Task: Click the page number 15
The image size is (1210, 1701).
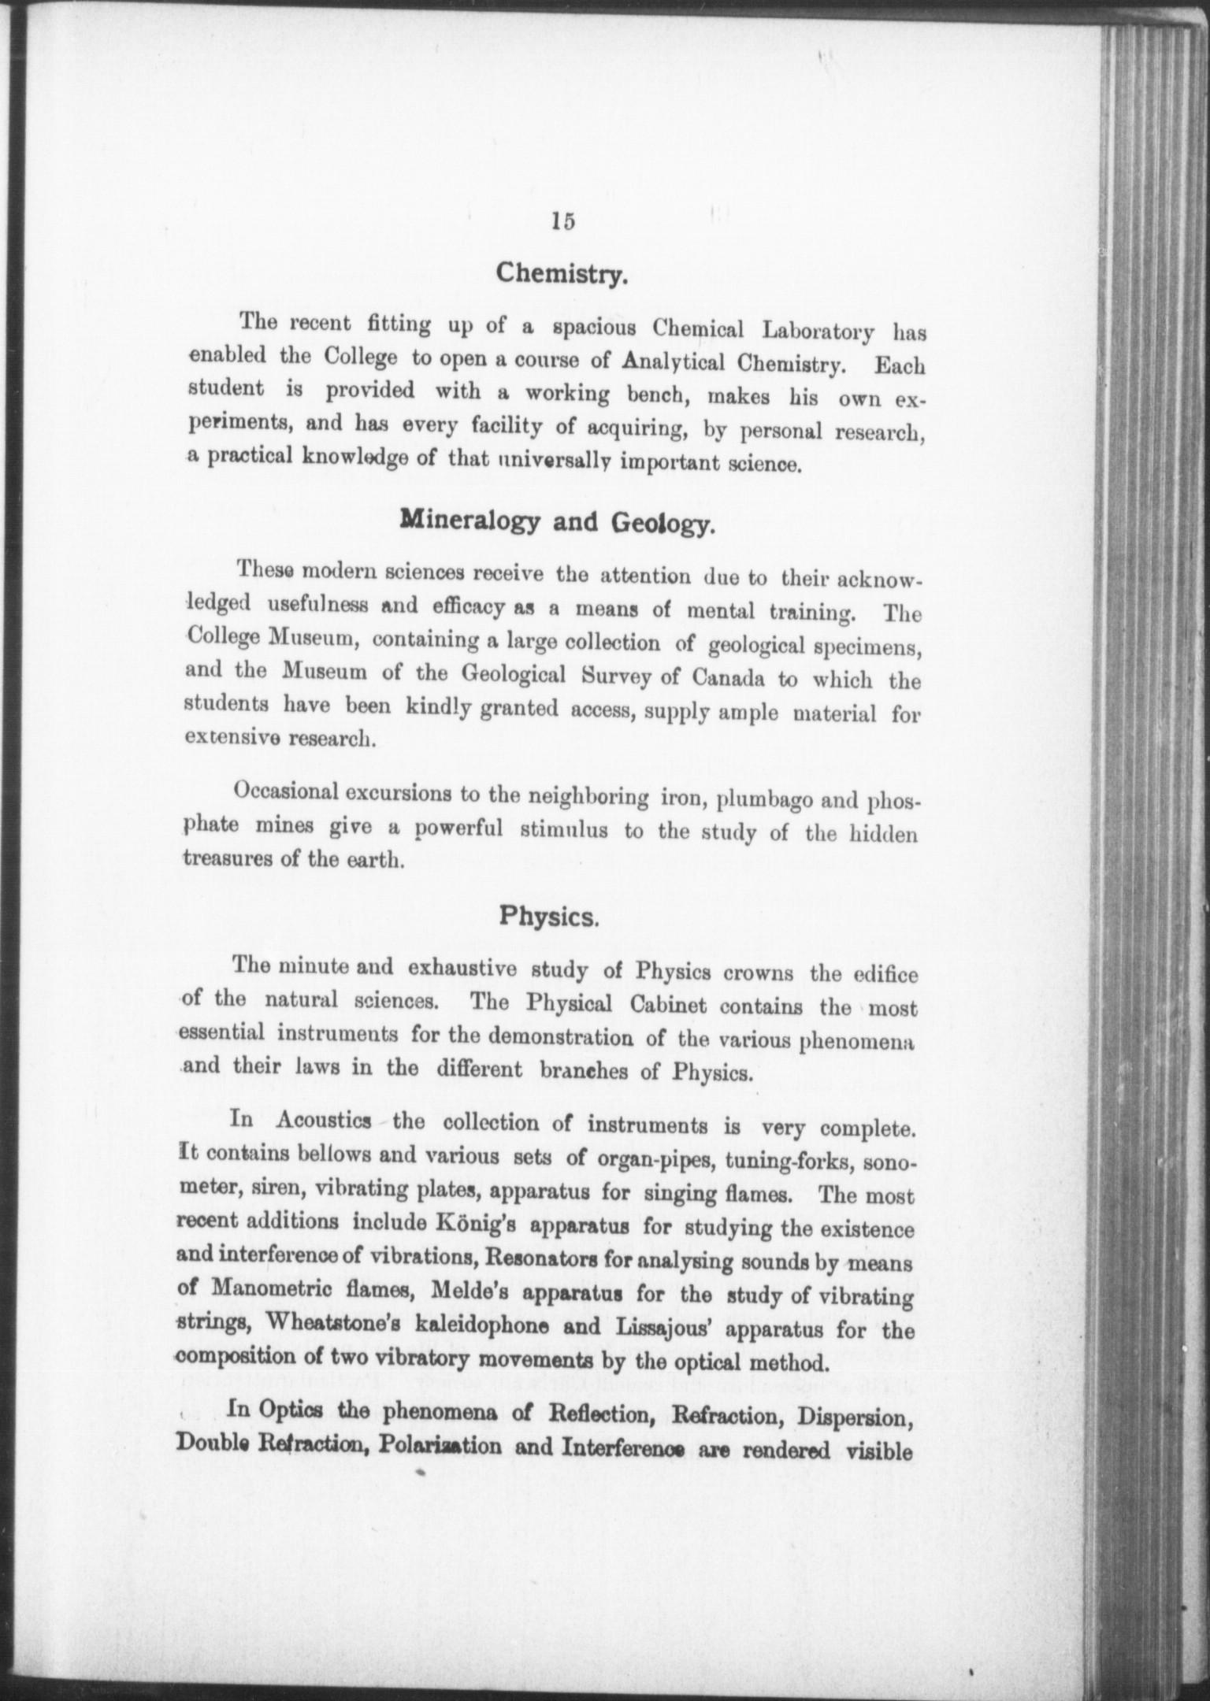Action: click(564, 221)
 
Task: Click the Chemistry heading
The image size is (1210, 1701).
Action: click(561, 275)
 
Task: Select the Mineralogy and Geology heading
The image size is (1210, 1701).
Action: click(558, 522)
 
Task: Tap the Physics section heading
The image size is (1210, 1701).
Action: click(551, 917)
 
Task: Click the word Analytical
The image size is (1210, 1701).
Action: click(674, 363)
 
